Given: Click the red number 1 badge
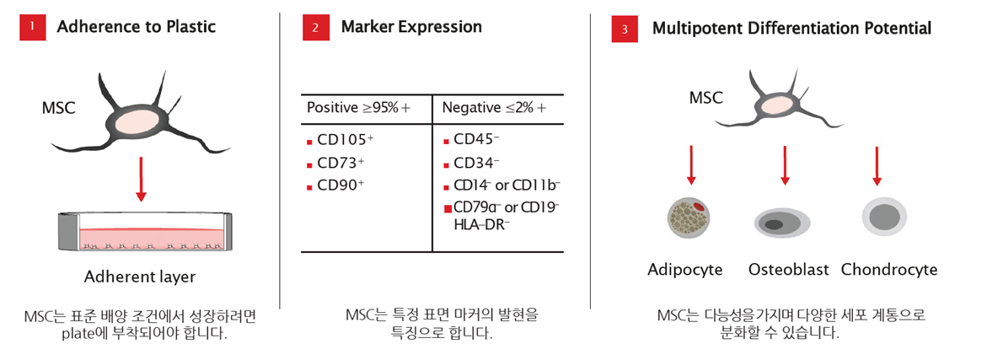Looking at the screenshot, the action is (x=32, y=27).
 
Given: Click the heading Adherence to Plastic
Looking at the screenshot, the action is (x=137, y=26).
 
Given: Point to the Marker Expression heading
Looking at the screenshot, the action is (x=411, y=27).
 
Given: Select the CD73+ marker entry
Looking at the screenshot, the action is (x=341, y=163).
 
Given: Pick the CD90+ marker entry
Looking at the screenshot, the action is (x=341, y=185).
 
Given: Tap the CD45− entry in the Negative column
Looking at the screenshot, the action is (x=476, y=139).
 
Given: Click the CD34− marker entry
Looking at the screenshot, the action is (x=476, y=163).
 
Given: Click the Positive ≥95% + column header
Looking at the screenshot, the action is (x=359, y=108).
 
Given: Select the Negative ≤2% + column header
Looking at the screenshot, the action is (x=494, y=108).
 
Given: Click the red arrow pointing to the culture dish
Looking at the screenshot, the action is (x=141, y=180).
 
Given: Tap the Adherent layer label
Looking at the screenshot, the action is (x=141, y=277).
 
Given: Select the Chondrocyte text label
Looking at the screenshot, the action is (x=889, y=270).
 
